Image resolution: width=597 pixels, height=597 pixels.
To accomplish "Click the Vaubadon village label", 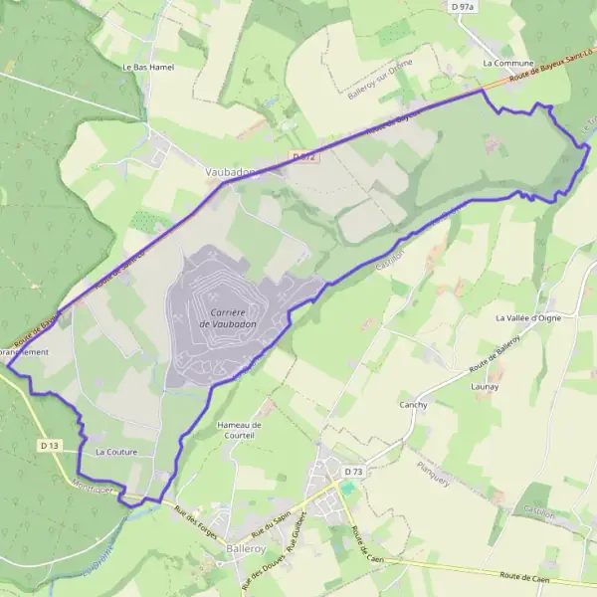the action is pyautogui.click(x=230, y=172).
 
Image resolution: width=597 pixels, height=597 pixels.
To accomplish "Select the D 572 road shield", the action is pyautogui.click(x=304, y=157).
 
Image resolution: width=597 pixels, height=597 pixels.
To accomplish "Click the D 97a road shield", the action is pyautogui.click(x=462, y=7).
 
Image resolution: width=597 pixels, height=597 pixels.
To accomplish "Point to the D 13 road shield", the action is pyautogui.click(x=51, y=444).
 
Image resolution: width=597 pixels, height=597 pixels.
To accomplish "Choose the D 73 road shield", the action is pyautogui.click(x=353, y=471).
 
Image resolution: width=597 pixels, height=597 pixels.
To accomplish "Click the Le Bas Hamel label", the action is pyautogui.click(x=141, y=67).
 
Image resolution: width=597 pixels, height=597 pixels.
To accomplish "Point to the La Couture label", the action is pyautogui.click(x=115, y=452).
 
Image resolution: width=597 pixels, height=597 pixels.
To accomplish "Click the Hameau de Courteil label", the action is pyautogui.click(x=238, y=430).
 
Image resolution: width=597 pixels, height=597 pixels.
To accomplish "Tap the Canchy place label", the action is pyautogui.click(x=413, y=405).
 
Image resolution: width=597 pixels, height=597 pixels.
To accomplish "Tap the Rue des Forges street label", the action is pyautogui.click(x=195, y=518).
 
